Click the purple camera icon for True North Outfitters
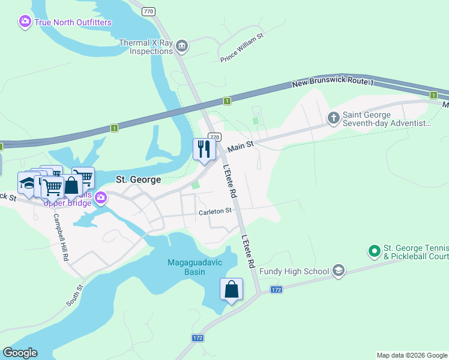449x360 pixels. pos(25,22)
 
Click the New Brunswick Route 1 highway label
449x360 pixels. pos(333,83)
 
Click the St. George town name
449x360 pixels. pos(138,179)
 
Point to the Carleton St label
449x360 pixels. pos(215,211)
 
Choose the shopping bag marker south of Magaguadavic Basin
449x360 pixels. pos(231,290)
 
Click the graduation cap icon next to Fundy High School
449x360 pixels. pos(339,271)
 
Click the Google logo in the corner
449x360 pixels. pos(20,353)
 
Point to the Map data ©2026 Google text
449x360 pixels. pos(411,355)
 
